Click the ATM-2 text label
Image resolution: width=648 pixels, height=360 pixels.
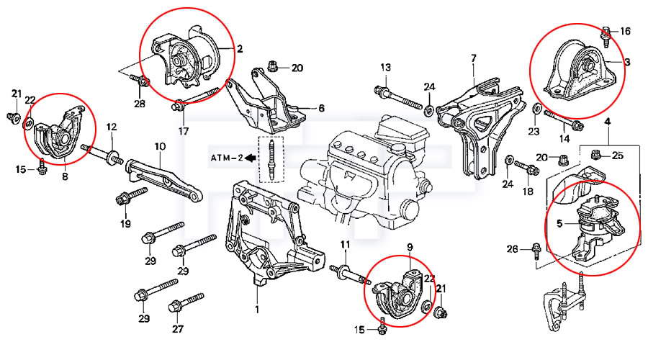225,156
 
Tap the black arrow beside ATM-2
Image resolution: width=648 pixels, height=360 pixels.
250,156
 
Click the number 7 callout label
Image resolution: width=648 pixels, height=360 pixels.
474,58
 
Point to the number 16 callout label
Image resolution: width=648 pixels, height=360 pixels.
625,31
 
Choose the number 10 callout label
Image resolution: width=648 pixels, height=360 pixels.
160,146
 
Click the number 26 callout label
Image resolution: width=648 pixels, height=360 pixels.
512,249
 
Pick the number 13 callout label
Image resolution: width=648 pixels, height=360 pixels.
385,68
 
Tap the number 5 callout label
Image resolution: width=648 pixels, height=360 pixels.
559,223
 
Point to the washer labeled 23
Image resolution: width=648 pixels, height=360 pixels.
537,109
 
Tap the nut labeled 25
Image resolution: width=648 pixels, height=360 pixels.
596,154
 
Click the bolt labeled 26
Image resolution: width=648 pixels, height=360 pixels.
536,250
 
